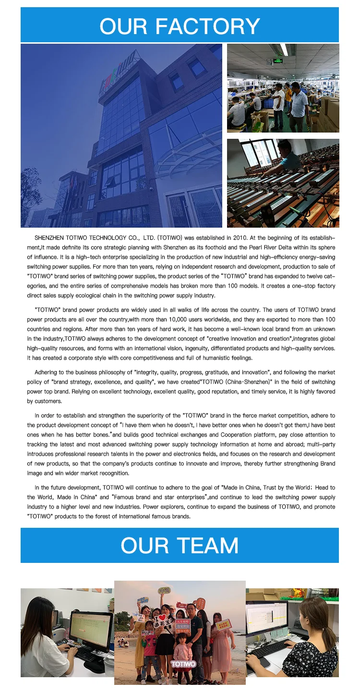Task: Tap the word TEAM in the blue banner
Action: click(x=207, y=546)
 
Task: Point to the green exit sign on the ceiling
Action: click(x=277, y=61)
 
